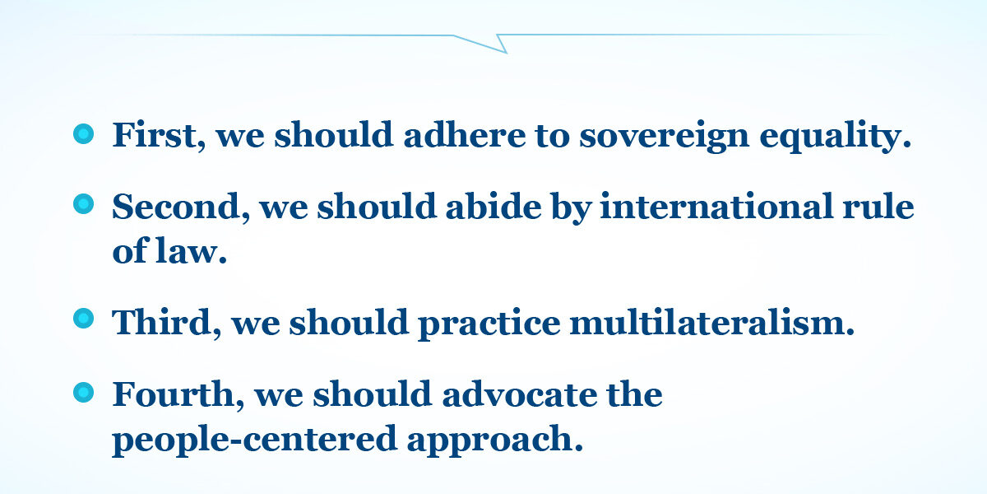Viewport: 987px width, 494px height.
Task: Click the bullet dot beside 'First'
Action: (x=83, y=133)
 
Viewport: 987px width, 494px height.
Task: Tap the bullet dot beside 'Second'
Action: (x=83, y=204)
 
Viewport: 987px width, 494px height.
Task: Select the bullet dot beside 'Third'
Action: (x=83, y=319)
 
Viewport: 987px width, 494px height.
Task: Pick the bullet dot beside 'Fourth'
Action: (x=83, y=392)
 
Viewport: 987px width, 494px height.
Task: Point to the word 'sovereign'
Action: (x=664, y=137)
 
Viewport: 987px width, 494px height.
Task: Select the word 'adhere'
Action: (x=465, y=134)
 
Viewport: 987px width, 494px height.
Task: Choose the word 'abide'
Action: (x=493, y=206)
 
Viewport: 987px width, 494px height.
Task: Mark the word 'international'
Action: (x=716, y=206)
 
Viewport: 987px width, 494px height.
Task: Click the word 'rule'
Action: (x=878, y=206)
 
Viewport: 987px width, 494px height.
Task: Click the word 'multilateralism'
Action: (x=707, y=322)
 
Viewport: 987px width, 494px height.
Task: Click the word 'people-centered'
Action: (x=255, y=440)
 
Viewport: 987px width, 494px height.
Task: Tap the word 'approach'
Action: (x=490, y=440)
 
